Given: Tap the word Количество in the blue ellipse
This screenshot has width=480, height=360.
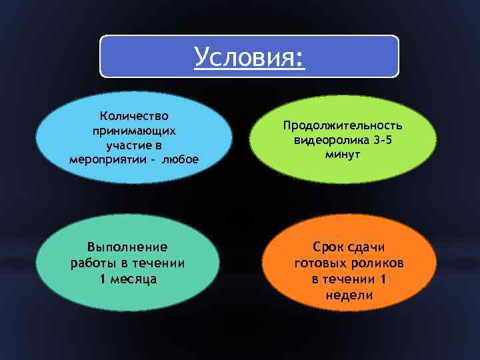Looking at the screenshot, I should [134, 116].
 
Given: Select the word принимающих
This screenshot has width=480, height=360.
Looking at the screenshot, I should [134, 131].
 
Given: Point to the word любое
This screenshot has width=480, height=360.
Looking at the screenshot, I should [181, 160].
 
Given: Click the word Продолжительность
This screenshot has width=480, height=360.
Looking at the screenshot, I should [343, 125].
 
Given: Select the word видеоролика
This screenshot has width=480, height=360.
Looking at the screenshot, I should [329, 140].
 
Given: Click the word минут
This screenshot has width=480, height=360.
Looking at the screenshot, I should [343, 155].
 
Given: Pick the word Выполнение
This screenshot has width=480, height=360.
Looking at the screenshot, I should [128, 247].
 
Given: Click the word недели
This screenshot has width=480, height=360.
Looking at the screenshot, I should [349, 295].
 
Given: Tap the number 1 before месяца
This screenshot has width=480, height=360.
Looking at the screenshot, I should [102, 279].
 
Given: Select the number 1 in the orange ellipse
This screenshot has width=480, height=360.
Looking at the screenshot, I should [383, 279].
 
